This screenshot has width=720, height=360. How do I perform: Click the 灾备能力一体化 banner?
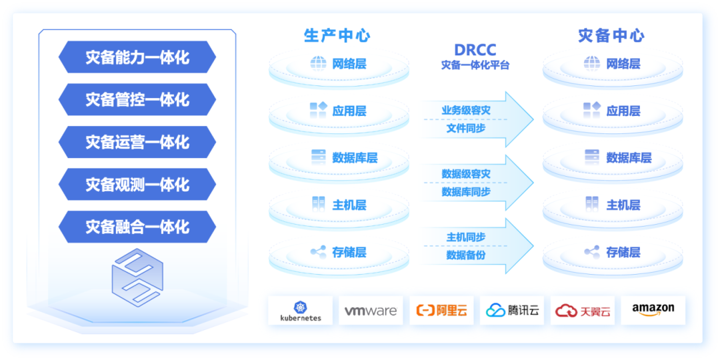(x=137, y=57)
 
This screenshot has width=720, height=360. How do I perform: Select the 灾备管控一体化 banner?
(x=137, y=100)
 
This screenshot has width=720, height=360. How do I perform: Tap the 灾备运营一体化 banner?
(x=137, y=142)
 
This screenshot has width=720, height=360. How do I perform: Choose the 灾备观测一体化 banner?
(x=137, y=185)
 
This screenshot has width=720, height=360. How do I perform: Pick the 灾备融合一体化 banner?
(x=137, y=227)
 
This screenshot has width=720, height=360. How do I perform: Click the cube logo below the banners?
(x=137, y=277)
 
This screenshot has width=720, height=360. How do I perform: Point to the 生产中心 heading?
(x=337, y=35)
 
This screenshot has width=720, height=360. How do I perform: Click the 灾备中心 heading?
(x=611, y=35)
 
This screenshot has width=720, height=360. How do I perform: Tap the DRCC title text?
(x=475, y=50)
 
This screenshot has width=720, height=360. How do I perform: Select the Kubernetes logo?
(x=301, y=311)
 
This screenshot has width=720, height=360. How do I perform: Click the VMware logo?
(x=371, y=311)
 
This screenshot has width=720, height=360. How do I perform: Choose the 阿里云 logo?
(x=441, y=311)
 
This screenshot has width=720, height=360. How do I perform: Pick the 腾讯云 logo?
(x=512, y=311)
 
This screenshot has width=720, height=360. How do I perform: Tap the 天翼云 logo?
(x=583, y=311)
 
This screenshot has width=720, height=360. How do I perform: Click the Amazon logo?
(x=653, y=309)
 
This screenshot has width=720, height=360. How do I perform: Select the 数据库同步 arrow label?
(x=466, y=192)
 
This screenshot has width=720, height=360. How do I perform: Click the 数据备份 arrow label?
(x=466, y=255)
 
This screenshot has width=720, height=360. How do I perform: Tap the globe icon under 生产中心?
(x=318, y=63)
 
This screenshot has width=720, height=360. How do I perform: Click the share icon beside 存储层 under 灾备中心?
(x=592, y=252)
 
